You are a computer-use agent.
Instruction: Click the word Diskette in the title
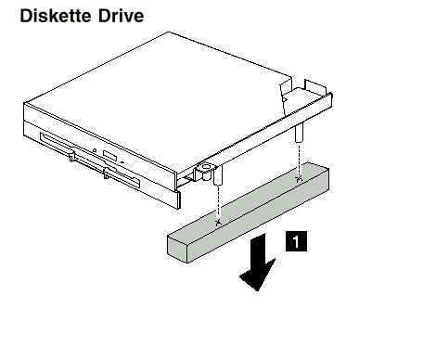pos(56,16)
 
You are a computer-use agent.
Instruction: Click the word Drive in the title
pos(122,16)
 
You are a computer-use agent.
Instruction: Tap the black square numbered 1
pos(296,241)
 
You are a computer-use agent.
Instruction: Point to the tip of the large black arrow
pos(257,290)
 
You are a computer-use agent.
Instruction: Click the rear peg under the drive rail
pos(299,133)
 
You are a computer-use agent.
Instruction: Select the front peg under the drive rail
pos(218,175)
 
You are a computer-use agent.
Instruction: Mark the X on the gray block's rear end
pos(299,178)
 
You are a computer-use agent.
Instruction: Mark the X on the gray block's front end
pos(218,222)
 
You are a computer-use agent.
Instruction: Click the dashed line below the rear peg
pos(299,159)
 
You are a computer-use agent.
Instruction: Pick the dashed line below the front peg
pos(218,202)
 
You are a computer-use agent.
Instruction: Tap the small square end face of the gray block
pos(177,250)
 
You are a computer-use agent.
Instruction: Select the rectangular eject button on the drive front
pos(110,156)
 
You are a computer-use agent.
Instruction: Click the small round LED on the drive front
pos(95,150)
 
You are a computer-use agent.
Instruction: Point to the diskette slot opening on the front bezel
pos(90,160)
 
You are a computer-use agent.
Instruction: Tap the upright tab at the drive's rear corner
pos(315,86)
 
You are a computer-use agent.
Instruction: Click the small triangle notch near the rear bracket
pos(285,99)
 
